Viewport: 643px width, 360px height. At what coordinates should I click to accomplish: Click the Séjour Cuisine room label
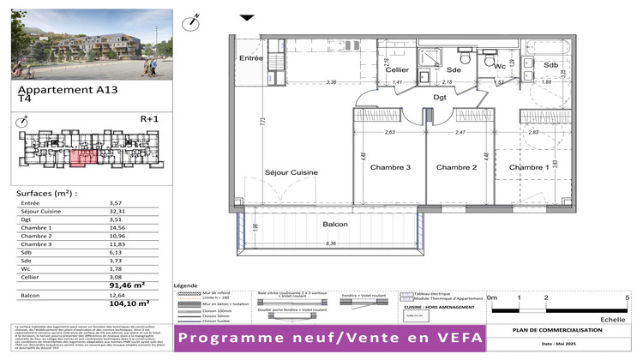[291, 173]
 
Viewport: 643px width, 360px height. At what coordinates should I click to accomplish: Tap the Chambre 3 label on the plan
[391, 167]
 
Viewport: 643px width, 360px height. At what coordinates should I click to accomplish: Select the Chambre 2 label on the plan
[456, 167]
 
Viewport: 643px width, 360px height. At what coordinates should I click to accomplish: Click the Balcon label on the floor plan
[335, 224]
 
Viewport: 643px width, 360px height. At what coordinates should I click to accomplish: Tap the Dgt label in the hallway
[440, 98]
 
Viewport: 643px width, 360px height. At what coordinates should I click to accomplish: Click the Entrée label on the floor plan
[250, 58]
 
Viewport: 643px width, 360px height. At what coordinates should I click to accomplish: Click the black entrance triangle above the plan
[247, 17]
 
